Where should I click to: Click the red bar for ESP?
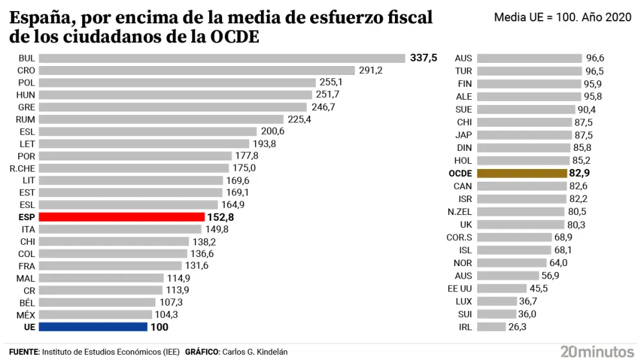(120, 217)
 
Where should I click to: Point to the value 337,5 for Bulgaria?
(423, 58)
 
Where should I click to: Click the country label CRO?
(27, 71)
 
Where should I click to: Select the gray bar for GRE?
(173, 107)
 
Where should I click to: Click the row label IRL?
(465, 327)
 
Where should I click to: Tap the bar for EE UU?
(501, 289)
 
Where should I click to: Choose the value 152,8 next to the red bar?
(220, 217)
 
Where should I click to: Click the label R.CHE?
(22, 168)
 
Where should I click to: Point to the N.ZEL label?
(460, 212)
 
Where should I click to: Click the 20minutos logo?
(597, 352)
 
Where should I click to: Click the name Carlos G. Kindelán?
(254, 352)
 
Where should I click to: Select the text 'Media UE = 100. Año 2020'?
(562, 17)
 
